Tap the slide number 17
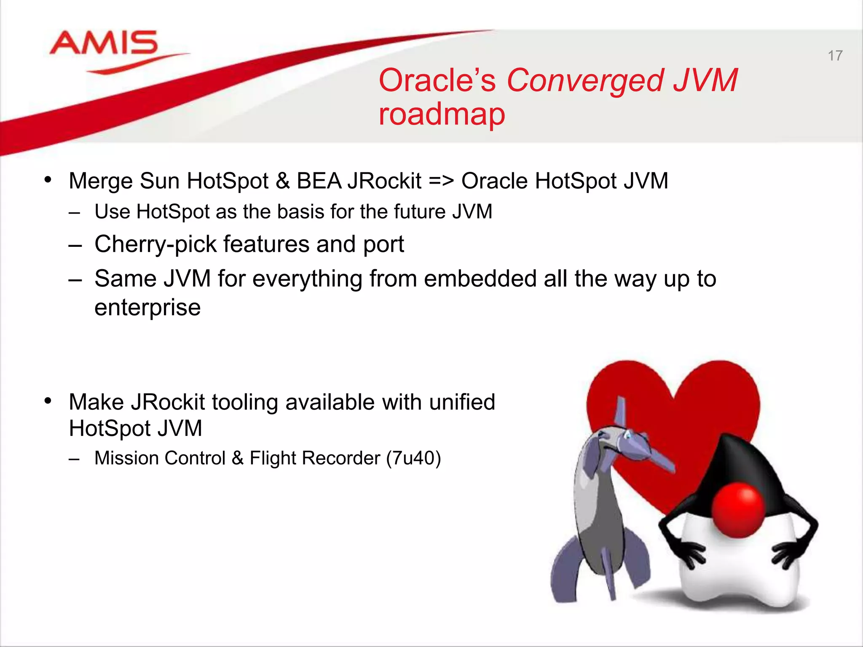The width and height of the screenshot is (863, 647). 835,56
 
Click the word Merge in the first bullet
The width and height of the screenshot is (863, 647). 101,181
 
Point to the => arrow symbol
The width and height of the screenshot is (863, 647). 441,181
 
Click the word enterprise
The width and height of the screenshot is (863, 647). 147,307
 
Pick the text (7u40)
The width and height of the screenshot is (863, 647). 413,458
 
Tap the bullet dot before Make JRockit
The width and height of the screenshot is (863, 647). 48,401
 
